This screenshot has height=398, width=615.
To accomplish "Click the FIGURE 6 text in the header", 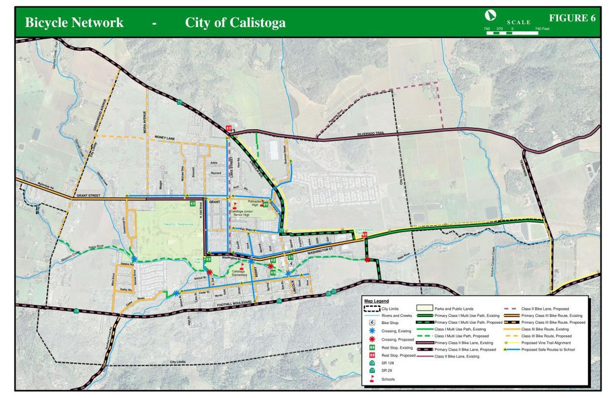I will [x=572, y=18].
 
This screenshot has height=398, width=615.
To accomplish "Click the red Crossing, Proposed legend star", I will [x=373, y=340].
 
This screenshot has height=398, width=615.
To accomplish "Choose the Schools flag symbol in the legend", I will [x=373, y=380].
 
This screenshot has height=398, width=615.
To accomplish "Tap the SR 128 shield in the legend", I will [x=373, y=363].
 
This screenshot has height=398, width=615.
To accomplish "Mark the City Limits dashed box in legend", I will [x=372, y=309].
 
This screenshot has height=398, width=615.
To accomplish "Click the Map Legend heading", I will [x=377, y=301].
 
